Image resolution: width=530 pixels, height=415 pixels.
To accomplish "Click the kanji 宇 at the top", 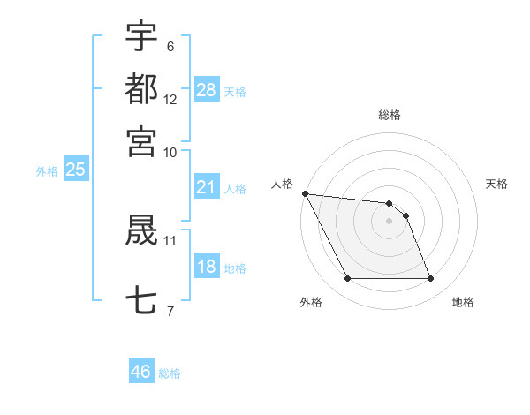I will point(141,36).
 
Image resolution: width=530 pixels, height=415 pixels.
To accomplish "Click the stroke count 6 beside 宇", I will point(170,46).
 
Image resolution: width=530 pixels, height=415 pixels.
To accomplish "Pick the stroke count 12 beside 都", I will point(170,99).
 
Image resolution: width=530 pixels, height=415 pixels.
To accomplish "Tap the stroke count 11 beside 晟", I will point(170,239).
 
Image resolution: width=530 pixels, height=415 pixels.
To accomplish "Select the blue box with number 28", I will point(207,89).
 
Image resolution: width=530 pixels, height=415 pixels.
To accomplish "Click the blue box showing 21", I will point(207,187).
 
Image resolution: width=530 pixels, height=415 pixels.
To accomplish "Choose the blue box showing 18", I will point(207,268).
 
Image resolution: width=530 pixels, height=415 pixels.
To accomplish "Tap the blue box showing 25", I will point(75,170).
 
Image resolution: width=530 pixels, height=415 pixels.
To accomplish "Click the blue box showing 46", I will point(140,372).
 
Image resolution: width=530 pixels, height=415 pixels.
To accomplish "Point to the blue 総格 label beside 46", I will point(170,373).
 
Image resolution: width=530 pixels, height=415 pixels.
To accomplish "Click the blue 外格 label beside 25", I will point(47,171).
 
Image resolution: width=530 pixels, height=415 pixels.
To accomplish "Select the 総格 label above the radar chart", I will point(389,115).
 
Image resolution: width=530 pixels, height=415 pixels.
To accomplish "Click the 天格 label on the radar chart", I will point(497,184).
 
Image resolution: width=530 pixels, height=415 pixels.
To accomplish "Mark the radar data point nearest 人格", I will point(305,193).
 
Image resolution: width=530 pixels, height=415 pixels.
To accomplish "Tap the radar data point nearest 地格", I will point(430,279).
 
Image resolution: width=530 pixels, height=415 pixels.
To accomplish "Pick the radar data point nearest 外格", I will point(347,279).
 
